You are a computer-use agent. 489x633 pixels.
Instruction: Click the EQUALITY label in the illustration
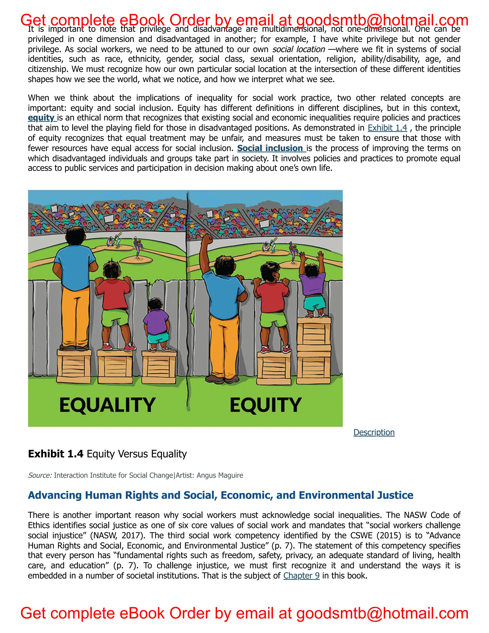(107, 405)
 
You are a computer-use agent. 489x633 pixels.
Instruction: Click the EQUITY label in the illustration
(265, 405)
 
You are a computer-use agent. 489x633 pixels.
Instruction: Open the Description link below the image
(374, 432)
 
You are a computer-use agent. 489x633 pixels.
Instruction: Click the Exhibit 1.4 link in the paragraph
(387, 128)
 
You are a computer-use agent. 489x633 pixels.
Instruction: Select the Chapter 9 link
(301, 575)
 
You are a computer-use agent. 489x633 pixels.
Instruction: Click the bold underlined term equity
(41, 118)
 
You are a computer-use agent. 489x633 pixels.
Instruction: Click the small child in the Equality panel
(156, 322)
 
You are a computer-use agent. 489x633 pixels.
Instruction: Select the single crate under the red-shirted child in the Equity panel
(274, 368)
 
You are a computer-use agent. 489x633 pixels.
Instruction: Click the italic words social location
(298, 49)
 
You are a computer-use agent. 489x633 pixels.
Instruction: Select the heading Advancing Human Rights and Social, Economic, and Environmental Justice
(220, 495)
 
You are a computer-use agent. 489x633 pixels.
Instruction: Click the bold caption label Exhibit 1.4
(56, 454)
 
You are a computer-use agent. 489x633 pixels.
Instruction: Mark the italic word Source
(40, 475)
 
